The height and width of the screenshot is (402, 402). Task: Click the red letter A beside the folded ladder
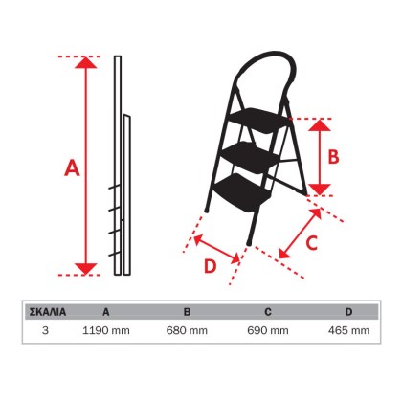[x=72, y=168]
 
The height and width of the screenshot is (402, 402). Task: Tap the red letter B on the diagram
[x=333, y=157]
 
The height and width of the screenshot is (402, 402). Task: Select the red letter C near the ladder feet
[x=312, y=243]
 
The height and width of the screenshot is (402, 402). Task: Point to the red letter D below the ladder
[x=211, y=266]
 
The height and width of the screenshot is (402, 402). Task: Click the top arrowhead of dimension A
[x=85, y=62]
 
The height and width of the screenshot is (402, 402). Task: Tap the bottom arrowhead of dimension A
[x=85, y=269]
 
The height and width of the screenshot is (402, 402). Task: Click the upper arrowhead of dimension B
[x=320, y=125]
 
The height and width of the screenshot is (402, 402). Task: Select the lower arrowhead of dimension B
[x=320, y=190]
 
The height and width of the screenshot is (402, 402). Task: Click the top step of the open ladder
[x=259, y=120]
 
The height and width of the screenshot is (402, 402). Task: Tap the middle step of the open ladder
[x=252, y=156]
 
